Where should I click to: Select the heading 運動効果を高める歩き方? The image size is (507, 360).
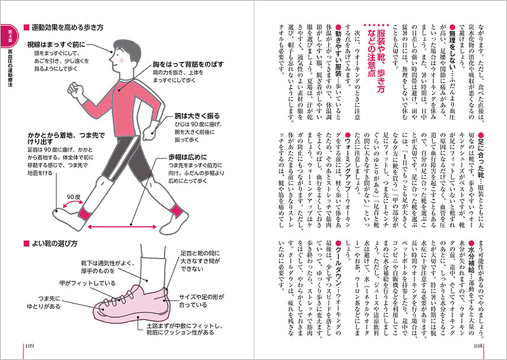coord(67,29)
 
